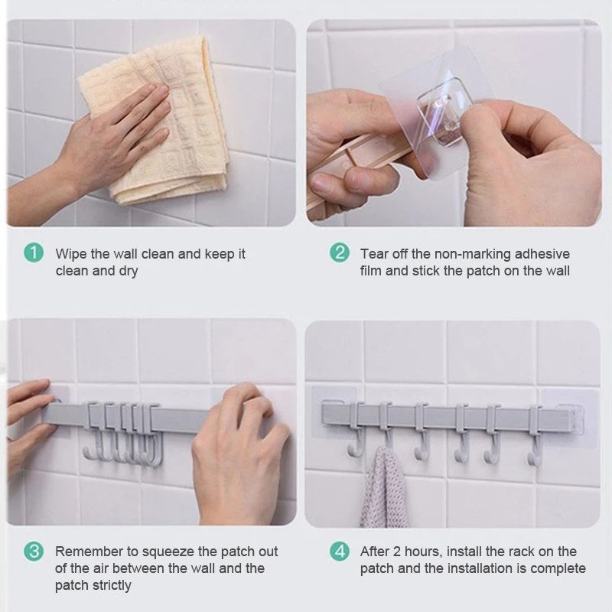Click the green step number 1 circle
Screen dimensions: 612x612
coord(34,253)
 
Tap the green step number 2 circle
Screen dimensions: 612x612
coord(339,253)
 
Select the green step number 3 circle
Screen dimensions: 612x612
coord(34,551)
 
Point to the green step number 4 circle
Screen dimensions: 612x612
coord(339,551)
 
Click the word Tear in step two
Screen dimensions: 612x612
coord(374,254)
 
